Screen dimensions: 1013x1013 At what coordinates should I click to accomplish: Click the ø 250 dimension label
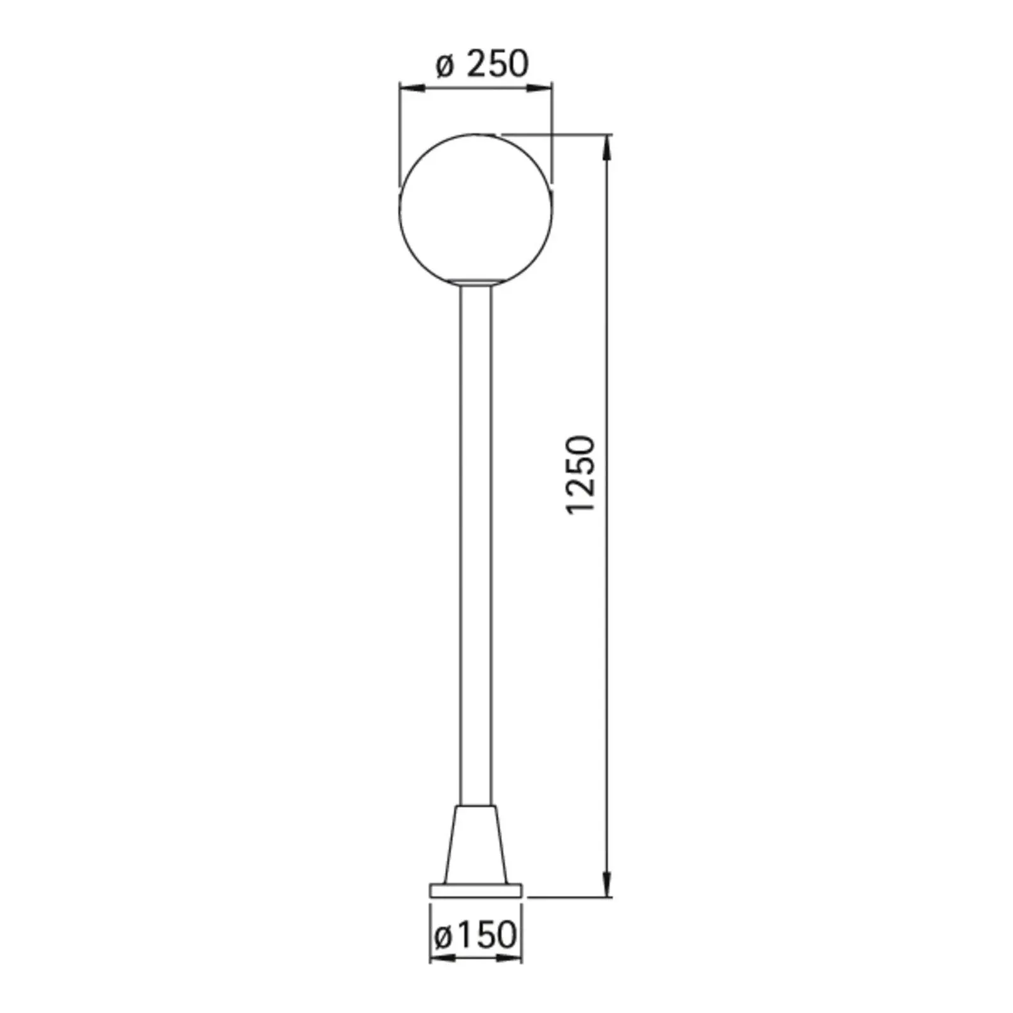pyautogui.click(x=482, y=64)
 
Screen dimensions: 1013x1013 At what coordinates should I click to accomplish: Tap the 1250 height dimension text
pyautogui.click(x=581, y=474)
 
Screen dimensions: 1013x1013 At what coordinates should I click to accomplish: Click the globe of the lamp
pyautogui.click(x=475, y=210)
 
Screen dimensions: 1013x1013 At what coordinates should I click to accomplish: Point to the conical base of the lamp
pyautogui.click(x=476, y=845)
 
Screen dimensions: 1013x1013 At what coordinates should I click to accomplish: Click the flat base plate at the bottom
pyautogui.click(x=476, y=891)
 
